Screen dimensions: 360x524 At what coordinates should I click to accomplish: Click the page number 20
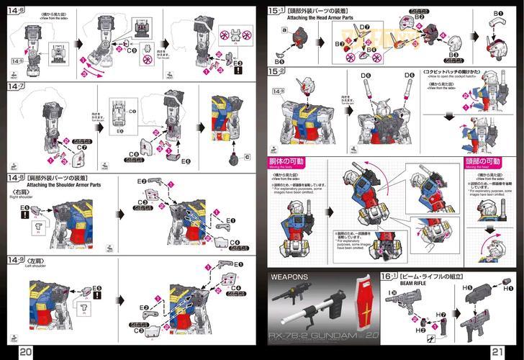point(25,351)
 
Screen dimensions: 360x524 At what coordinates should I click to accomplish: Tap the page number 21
point(497,351)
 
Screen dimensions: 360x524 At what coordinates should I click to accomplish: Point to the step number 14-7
point(17,86)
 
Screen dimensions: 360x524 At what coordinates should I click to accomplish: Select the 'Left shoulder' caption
point(27,266)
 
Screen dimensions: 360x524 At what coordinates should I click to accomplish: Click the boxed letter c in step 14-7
point(247,156)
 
